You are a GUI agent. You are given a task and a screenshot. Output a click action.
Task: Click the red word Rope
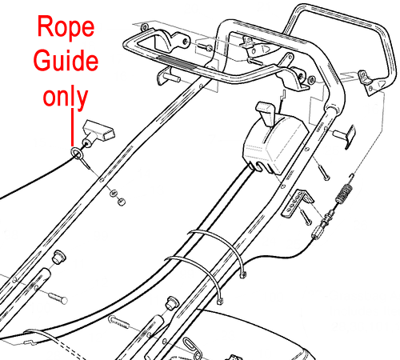[x=66, y=26]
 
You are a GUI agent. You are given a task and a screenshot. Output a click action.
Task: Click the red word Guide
[x=66, y=60]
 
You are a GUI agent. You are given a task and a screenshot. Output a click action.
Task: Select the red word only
[x=66, y=98]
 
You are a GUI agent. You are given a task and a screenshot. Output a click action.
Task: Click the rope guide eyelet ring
[x=76, y=153]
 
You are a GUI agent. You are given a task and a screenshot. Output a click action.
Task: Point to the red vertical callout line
[x=72, y=127]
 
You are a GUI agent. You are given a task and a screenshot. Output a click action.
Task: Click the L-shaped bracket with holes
[x=297, y=202]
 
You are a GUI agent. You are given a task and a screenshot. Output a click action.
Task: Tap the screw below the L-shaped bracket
[x=306, y=217]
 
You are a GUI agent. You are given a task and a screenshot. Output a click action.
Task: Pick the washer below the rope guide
[x=114, y=193]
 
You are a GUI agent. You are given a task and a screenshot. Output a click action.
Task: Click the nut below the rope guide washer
[x=122, y=202]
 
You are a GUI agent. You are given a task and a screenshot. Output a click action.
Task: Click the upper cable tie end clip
[x=242, y=274]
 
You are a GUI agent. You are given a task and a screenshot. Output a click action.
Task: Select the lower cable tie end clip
[x=220, y=302]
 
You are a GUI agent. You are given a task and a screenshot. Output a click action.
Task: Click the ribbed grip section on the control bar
[x=176, y=62]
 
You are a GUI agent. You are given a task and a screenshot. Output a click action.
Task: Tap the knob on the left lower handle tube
[x=58, y=258]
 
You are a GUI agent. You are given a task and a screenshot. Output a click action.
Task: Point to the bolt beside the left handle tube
[x=58, y=298]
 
